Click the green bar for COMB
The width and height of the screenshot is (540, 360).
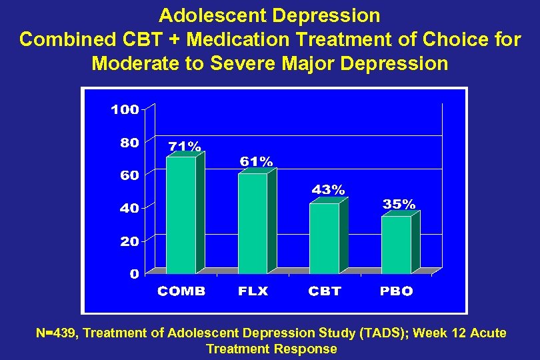[x=181, y=215]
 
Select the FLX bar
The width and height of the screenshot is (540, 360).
[x=253, y=223]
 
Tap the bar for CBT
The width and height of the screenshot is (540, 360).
[x=325, y=238]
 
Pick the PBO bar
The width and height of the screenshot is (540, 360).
[x=396, y=245]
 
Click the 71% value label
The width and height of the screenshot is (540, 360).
[x=185, y=145]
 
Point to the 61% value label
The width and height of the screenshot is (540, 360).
[x=256, y=161]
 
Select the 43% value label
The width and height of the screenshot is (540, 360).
[x=329, y=190]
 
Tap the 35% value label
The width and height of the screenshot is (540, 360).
[x=399, y=204]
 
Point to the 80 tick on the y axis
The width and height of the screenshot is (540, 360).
[x=129, y=143]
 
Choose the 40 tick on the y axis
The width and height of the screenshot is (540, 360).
[x=129, y=209]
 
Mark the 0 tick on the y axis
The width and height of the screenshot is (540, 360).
[x=134, y=273]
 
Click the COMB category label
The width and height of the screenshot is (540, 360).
[x=181, y=291]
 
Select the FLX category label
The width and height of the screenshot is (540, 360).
[x=253, y=291]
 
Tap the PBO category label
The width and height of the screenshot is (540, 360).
[x=397, y=291]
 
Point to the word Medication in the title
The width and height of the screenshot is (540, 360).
[x=244, y=39]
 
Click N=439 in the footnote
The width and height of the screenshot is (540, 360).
[x=57, y=333]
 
